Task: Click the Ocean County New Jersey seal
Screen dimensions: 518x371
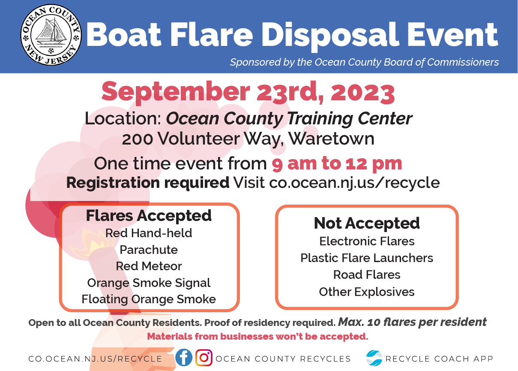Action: [51, 35]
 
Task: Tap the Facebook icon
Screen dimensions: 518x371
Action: [184, 358]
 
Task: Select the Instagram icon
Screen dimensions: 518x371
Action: [204, 358]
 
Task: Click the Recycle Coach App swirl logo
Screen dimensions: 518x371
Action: [374, 358]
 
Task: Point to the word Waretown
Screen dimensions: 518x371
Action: [331, 139]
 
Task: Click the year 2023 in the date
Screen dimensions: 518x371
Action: [362, 93]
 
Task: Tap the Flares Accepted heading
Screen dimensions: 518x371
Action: [149, 216]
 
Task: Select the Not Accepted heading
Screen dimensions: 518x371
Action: [367, 223]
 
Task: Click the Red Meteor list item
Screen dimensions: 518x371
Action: [149, 266]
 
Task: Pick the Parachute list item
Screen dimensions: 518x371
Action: [149, 250]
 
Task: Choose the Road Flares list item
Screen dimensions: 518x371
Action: [367, 275]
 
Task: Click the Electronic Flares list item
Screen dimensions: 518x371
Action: [367, 241]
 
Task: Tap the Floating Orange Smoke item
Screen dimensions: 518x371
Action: [149, 299]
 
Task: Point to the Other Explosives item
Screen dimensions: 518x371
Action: [367, 292]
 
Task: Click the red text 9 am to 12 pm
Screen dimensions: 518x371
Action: [337, 164]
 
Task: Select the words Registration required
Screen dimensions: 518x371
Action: [148, 183]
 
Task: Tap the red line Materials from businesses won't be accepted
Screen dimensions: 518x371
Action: [258, 336]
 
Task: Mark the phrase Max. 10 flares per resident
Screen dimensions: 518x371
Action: [413, 322]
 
